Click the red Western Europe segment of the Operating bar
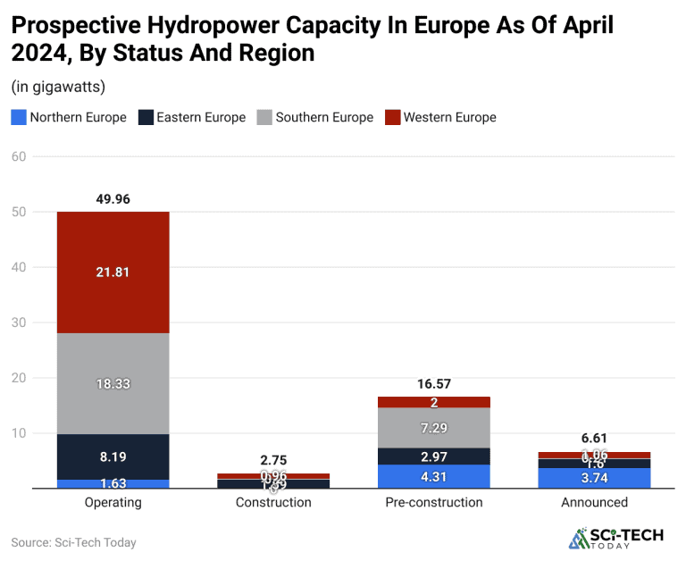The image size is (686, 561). click(113, 272)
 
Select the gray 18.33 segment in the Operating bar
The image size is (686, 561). click(113, 383)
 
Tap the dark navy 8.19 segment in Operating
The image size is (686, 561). click(113, 456)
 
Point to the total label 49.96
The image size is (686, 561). click(113, 199)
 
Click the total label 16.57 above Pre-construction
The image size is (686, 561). click(434, 384)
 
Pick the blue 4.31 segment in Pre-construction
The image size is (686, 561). click(434, 476)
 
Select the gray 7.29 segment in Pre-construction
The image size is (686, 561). click(434, 428)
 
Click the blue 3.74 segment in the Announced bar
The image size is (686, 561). click(595, 478)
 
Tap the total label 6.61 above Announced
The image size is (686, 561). click(595, 439)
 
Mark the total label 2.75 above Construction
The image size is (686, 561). click(273, 460)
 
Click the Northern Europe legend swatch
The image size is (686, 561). click(18, 117)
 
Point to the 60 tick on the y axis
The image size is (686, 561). click(18, 156)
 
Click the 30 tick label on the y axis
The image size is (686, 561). click(18, 322)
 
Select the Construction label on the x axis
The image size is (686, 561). click(273, 502)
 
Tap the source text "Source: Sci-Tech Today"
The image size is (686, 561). click(73, 542)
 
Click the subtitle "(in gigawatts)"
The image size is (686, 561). click(58, 87)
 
